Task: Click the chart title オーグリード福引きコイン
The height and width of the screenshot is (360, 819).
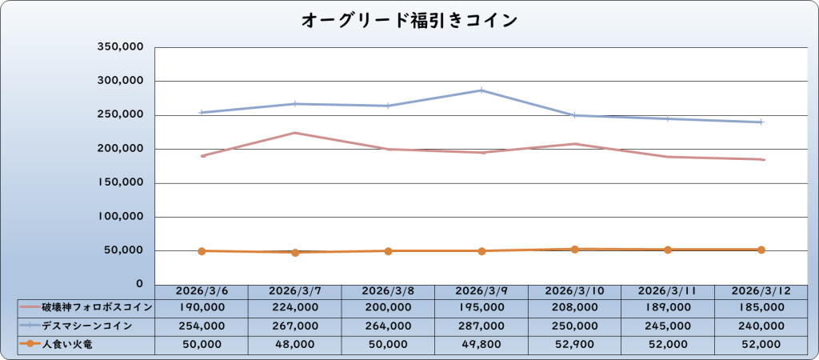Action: [x=409, y=20]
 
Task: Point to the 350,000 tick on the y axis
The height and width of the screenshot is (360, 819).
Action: [x=120, y=47]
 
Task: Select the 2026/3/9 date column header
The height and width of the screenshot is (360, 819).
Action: [x=481, y=290]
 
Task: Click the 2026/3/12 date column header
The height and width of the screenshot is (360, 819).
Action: [x=761, y=290]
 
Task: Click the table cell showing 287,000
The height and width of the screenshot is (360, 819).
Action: [x=481, y=326]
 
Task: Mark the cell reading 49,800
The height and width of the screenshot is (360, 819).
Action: [x=481, y=345]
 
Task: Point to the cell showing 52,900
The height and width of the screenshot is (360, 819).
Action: [x=574, y=345]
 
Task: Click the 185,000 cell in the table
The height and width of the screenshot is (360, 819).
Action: [x=761, y=307]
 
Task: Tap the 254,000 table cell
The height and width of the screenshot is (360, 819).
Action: [x=202, y=326]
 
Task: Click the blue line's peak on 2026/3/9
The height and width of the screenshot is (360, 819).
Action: [x=481, y=90]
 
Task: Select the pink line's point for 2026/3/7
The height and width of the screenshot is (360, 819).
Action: [x=295, y=133]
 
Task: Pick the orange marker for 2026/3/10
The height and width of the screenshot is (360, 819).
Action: [x=575, y=250]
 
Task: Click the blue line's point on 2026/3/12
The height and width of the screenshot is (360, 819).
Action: [x=761, y=122]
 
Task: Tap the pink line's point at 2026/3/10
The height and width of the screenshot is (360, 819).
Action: [x=575, y=144]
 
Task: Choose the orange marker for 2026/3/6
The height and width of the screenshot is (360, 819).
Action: [x=202, y=251]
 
